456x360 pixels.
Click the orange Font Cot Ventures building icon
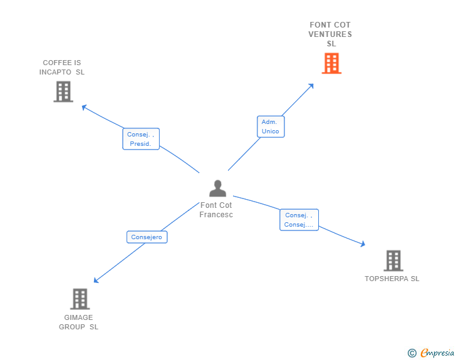(x=331, y=63)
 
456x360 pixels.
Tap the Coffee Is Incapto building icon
(x=63, y=92)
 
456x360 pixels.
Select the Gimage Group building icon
(x=80, y=299)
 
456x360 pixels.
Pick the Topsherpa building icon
(x=393, y=260)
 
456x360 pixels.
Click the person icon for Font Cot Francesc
(x=217, y=188)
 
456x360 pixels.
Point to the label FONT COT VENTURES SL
(x=330, y=34)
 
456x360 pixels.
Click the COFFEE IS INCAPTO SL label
(x=61, y=67)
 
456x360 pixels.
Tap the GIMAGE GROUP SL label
(x=79, y=322)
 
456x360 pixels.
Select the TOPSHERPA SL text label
(x=392, y=279)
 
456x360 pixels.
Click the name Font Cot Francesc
(x=216, y=210)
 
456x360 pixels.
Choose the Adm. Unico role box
(x=271, y=126)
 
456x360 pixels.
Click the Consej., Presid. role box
(x=140, y=139)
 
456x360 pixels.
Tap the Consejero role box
(x=147, y=237)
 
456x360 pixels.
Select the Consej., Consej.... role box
(x=299, y=220)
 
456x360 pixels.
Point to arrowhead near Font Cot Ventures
(x=311, y=86)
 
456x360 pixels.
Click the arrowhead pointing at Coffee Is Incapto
(x=84, y=106)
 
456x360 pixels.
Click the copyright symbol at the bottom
(x=412, y=353)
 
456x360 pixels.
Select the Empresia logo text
(x=437, y=353)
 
